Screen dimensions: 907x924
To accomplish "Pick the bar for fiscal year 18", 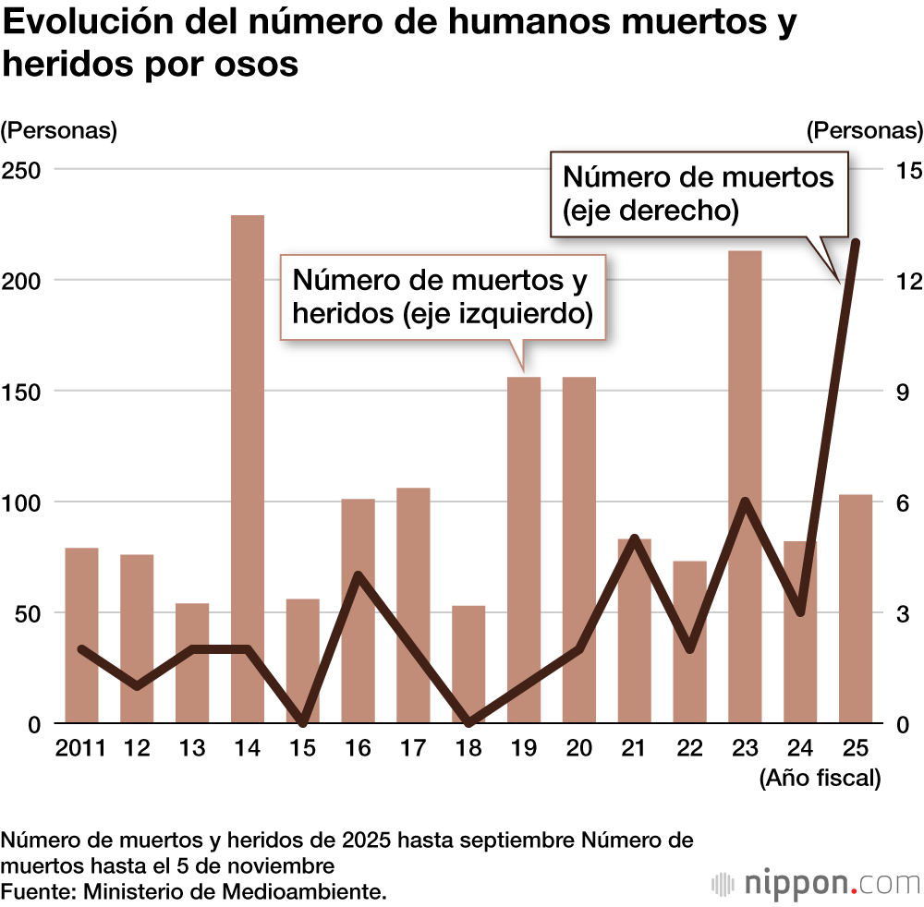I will (x=468, y=664).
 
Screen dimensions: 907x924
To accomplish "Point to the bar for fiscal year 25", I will (x=856, y=609).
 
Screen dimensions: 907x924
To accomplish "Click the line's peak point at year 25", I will (x=857, y=243).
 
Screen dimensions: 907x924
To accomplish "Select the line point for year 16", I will (x=359, y=575).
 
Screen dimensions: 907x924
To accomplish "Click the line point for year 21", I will (x=635, y=538).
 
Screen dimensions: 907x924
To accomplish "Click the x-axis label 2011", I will (x=81, y=748).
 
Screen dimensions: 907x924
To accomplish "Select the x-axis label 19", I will (x=524, y=748).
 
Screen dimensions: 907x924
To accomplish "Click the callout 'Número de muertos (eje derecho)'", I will (x=699, y=193).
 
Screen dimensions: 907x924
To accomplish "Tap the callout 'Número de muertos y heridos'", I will (x=442, y=296).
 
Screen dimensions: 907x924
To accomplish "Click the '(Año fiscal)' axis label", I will (x=820, y=779).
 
